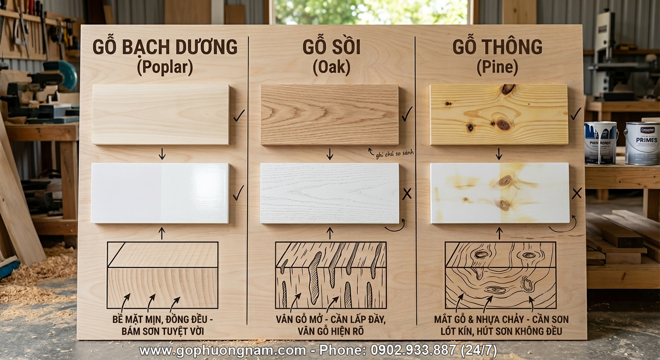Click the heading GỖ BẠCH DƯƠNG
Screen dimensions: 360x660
tap(165, 47)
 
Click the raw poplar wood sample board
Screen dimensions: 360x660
tap(161, 114)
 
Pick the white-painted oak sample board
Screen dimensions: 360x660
tap(330, 193)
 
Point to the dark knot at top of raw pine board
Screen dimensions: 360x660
tap(508, 89)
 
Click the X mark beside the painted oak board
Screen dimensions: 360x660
tap(407, 194)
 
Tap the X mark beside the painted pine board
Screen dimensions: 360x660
tap(577, 193)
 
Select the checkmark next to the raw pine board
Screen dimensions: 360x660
tap(576, 114)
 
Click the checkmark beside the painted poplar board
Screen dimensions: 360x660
tap(239, 193)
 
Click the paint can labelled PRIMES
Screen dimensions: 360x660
tap(642, 143)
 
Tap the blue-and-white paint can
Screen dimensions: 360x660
tap(600, 142)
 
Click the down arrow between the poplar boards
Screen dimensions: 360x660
tap(162, 154)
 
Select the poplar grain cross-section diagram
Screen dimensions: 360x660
tap(163, 275)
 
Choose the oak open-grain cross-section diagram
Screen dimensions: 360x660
tap(330, 275)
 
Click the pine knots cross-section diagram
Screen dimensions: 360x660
tap(500, 275)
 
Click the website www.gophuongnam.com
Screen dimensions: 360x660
tap(223, 350)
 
